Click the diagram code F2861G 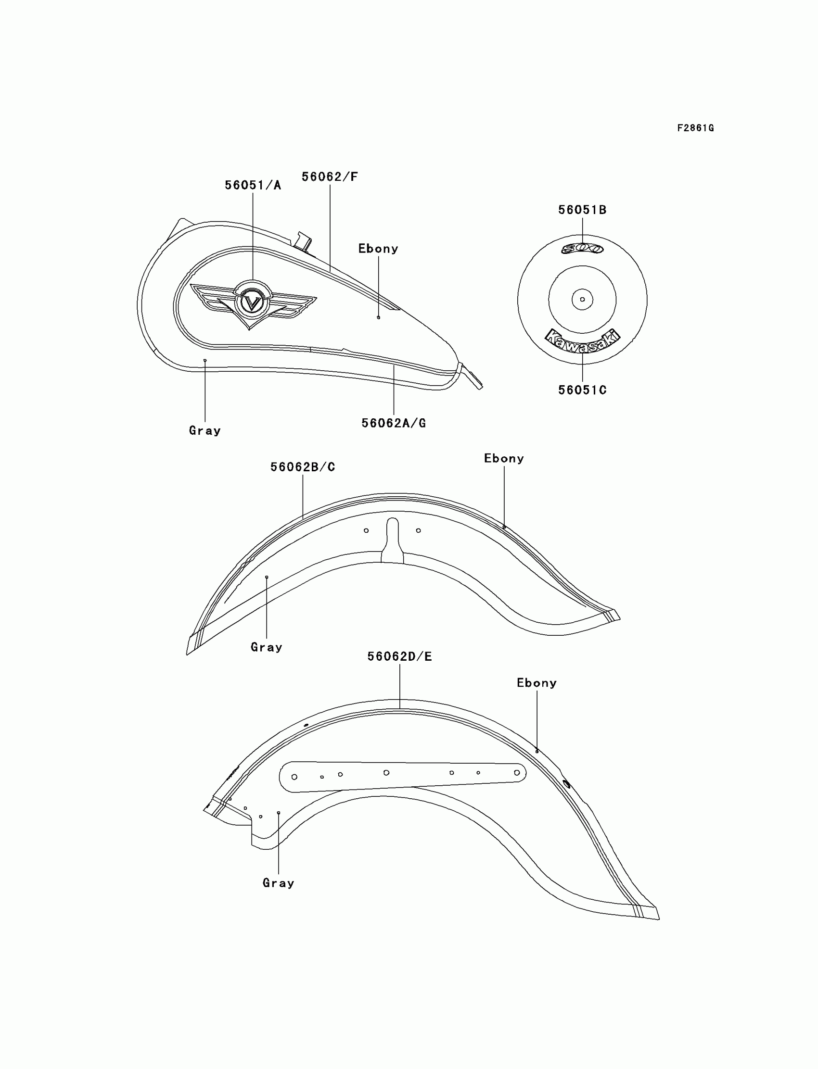pos(695,128)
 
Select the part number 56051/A pos(253,186)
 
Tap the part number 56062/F pos(330,177)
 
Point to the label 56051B pos(582,210)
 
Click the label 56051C pos(582,390)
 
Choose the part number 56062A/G pos(394,423)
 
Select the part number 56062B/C pos(302,467)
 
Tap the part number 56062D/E pos(399,657)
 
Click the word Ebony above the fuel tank pos(378,249)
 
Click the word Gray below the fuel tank pos(204,430)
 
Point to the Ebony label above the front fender pos(503,458)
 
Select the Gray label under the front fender pos(267,647)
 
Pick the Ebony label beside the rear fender pos(537,683)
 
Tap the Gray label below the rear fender pos(278,883)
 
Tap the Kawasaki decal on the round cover pos(582,340)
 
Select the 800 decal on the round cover pos(582,249)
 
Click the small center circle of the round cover pos(582,299)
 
